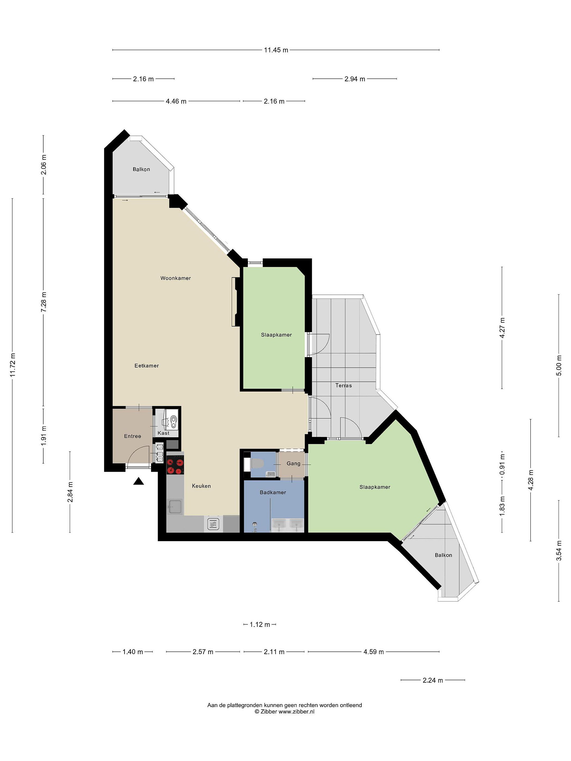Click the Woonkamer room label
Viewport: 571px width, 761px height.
(x=176, y=278)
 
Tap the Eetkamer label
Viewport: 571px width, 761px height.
(x=147, y=366)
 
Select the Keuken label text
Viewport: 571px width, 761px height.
(x=201, y=486)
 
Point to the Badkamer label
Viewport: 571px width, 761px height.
(x=273, y=492)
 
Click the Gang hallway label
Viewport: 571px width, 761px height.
(x=294, y=463)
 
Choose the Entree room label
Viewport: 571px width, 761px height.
(x=132, y=436)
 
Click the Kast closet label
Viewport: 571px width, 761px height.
(x=163, y=433)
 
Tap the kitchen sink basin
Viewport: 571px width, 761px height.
(x=175, y=507)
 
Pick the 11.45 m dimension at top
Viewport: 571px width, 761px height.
(x=276, y=50)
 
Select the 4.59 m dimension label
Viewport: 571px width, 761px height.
(x=374, y=652)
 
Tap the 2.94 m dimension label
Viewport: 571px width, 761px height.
(x=355, y=79)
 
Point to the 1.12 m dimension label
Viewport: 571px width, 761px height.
(x=260, y=624)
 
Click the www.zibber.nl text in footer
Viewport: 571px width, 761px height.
(x=296, y=712)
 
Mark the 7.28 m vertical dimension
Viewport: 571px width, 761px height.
(x=44, y=302)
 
